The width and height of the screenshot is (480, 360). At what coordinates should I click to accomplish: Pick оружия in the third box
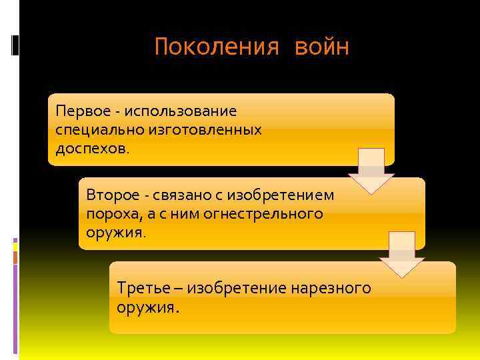[147, 308]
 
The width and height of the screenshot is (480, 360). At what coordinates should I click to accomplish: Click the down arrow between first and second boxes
[371, 171]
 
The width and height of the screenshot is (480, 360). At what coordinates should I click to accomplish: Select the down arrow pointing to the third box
[402, 254]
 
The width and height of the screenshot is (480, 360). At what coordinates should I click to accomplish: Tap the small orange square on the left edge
[15, 256]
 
